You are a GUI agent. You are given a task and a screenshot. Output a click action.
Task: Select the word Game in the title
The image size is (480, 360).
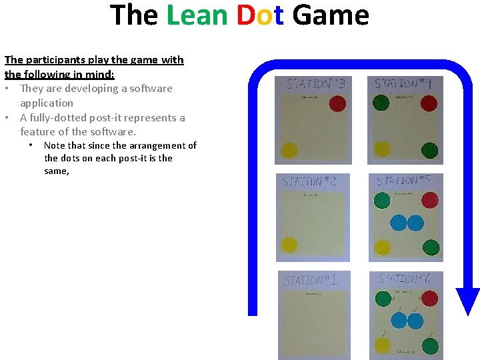[330, 15]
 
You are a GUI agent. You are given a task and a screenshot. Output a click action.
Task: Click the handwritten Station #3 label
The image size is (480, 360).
[315, 84]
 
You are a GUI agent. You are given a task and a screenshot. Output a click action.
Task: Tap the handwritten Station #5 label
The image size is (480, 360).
[407, 181]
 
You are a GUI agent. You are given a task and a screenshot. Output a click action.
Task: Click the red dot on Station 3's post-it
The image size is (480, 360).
[337, 104]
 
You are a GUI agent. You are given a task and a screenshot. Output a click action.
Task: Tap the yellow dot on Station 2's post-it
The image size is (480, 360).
[289, 245]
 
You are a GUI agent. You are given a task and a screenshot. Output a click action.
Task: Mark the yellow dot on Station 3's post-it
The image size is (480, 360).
[289, 151]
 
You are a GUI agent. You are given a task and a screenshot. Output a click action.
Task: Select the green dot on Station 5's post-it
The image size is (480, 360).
[382, 200]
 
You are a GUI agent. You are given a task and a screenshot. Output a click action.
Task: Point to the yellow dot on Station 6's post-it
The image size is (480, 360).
[383, 345]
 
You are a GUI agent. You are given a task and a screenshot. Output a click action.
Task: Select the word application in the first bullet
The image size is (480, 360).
[47, 103]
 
